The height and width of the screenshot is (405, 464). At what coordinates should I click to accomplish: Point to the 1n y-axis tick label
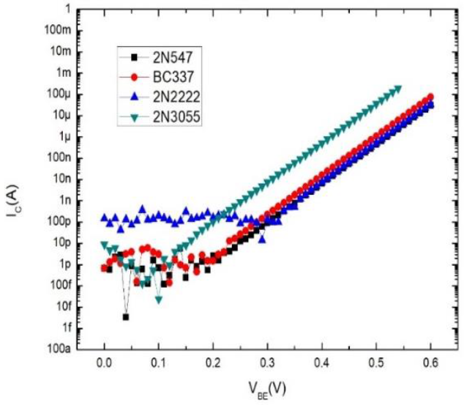coord(69,200)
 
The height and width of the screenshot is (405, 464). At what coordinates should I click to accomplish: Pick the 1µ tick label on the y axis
coord(69,137)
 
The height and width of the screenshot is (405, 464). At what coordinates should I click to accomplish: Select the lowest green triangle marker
coord(159,300)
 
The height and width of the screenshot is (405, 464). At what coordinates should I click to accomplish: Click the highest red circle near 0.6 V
coord(430,97)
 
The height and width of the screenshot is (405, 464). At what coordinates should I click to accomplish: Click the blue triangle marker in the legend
coord(132,94)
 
